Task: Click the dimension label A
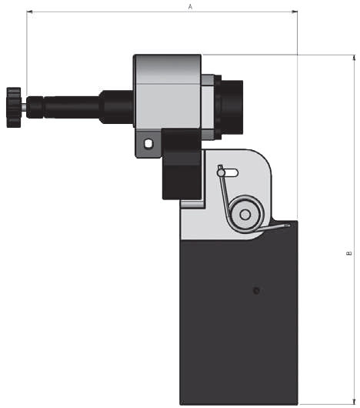click(x=190, y=6)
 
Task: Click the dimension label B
click(x=348, y=252)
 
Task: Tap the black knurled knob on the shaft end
click(x=13, y=107)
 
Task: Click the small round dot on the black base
click(x=256, y=290)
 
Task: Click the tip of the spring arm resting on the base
click(x=288, y=225)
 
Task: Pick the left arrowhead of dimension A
click(x=30, y=12)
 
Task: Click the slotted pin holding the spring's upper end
click(x=222, y=172)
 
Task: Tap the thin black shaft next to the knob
click(x=62, y=106)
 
